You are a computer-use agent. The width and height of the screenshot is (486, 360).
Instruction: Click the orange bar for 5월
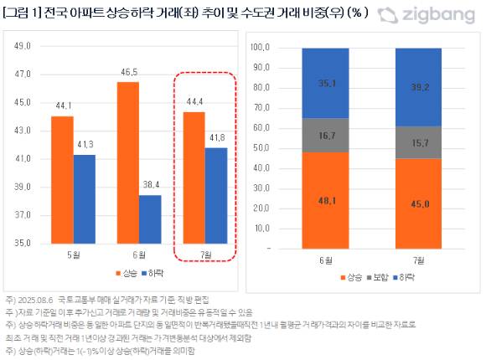61,179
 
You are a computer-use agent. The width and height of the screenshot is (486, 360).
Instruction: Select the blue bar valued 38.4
150,219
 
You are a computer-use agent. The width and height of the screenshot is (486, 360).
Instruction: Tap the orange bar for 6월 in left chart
127,162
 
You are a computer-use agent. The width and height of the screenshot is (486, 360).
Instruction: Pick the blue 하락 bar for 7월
215,195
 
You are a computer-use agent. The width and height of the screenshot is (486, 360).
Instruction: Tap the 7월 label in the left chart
204,254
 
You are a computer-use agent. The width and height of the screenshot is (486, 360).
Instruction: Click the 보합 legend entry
377,275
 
